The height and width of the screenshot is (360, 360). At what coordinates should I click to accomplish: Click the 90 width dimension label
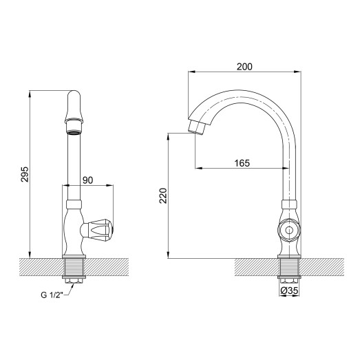(88, 179)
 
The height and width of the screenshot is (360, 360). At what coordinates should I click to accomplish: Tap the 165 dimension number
(241, 163)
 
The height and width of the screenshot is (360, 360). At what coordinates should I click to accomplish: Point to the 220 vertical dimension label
(163, 200)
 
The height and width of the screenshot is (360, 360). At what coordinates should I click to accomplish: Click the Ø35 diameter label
(290, 291)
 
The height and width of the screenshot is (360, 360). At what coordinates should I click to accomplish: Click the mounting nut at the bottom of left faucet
(74, 279)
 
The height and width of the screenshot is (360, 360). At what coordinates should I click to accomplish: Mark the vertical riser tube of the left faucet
(74, 165)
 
